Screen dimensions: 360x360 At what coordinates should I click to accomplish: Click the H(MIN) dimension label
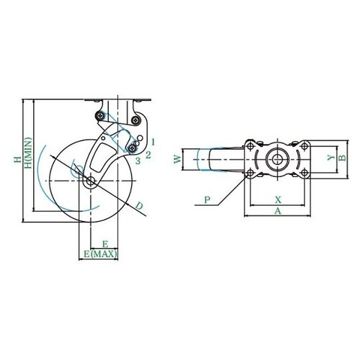29,153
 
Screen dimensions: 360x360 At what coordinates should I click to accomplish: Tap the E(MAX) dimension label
101,254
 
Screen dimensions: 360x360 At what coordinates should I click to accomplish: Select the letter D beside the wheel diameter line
140,206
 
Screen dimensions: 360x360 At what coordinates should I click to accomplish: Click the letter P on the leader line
207,199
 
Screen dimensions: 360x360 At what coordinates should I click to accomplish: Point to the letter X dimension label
278,199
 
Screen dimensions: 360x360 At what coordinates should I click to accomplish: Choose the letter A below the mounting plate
278,211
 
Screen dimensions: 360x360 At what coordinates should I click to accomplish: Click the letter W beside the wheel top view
178,159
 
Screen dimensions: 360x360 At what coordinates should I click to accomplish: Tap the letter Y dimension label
331,158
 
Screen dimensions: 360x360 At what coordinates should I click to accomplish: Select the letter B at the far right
343,158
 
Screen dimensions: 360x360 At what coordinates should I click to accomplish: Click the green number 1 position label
153,142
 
